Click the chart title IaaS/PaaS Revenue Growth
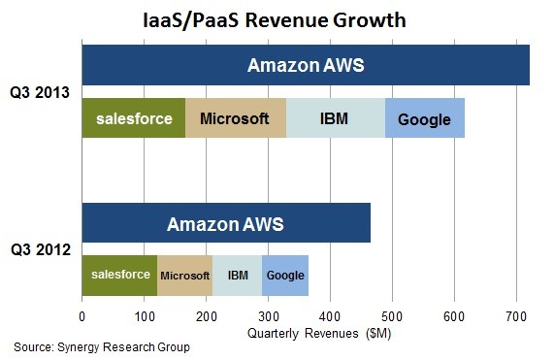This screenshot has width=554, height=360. (x=277, y=18)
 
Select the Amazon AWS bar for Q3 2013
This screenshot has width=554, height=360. (x=306, y=66)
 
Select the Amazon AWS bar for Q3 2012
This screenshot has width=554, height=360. (x=226, y=224)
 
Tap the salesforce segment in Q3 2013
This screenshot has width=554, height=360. (x=133, y=119)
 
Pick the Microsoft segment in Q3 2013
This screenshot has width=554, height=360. (x=236, y=119)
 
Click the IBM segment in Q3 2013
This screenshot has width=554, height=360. (x=335, y=119)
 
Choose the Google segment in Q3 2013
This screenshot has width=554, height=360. (x=425, y=119)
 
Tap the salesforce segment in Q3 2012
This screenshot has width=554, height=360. (x=119, y=276)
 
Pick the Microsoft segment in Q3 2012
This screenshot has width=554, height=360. (x=184, y=276)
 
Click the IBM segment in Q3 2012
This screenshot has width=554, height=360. (x=238, y=276)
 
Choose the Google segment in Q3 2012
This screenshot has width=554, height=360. (x=285, y=276)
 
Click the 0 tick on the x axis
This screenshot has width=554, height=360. (x=82, y=315)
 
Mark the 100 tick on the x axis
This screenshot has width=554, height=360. (x=144, y=315)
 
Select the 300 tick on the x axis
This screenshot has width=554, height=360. (x=268, y=315)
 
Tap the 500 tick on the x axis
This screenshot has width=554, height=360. (x=392, y=315)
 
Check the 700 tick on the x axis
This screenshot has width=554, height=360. (x=516, y=315)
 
